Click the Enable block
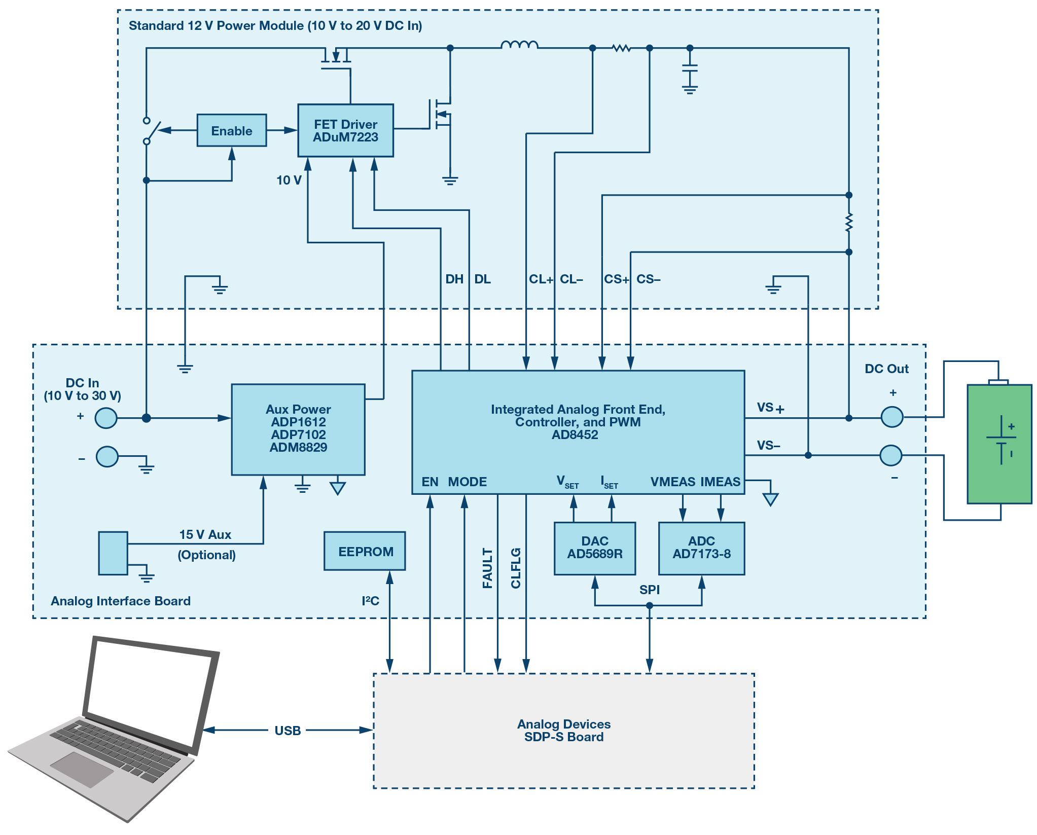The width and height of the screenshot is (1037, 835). pyautogui.click(x=231, y=130)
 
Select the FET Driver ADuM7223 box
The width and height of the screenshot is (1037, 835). pyautogui.click(x=345, y=130)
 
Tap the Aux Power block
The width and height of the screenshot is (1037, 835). pyautogui.click(x=298, y=429)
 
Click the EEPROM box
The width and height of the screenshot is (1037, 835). pyautogui.click(x=365, y=551)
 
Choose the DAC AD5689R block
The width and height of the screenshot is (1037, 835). pyautogui.click(x=594, y=548)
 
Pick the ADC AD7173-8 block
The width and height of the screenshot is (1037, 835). pyautogui.click(x=701, y=548)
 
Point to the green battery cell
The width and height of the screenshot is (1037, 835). pyautogui.click(x=999, y=444)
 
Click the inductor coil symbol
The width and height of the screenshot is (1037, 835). pyautogui.click(x=519, y=46)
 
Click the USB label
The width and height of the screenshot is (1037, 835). pyautogui.click(x=288, y=731)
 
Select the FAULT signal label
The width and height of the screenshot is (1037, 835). pyautogui.click(x=487, y=568)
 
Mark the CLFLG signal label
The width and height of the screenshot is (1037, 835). pyautogui.click(x=516, y=568)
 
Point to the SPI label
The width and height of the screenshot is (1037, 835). pyautogui.click(x=649, y=590)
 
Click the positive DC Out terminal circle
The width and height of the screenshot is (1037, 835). pyautogui.click(x=892, y=417)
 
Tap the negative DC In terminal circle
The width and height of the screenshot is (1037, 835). pyautogui.click(x=107, y=457)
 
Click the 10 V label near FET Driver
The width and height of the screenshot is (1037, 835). pyautogui.click(x=289, y=180)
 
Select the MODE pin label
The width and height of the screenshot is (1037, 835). pyautogui.click(x=467, y=482)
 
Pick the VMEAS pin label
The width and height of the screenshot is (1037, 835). pyautogui.click(x=672, y=482)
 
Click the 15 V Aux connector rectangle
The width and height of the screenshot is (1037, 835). pyautogui.click(x=113, y=553)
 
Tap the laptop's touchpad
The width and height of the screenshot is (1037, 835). pyautogui.click(x=82, y=769)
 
